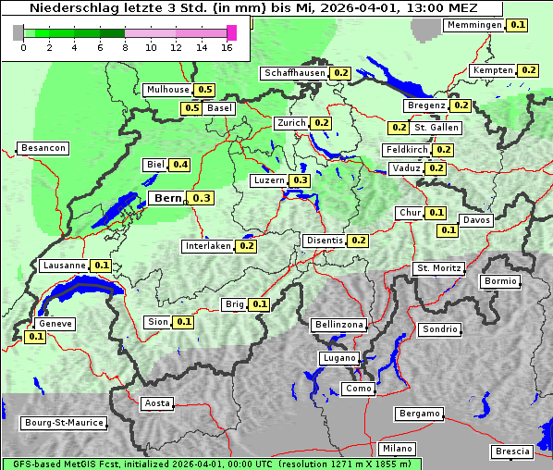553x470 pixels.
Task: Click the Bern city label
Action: click(x=168, y=198)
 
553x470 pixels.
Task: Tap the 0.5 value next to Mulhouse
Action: click(x=204, y=90)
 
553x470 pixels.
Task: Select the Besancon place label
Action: click(x=43, y=148)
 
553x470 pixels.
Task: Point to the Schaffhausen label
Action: click(x=295, y=73)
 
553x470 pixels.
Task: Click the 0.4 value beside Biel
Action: click(x=179, y=165)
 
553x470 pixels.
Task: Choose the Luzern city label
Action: click(x=269, y=180)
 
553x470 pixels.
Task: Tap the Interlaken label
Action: click(x=208, y=246)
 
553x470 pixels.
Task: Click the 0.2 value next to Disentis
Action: click(x=358, y=241)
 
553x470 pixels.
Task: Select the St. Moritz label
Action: click(x=438, y=268)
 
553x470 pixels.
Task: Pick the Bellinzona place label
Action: click(x=339, y=325)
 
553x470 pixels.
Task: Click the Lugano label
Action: click(x=339, y=358)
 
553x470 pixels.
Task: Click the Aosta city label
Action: click(x=157, y=403)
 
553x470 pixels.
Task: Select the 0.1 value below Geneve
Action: click(x=36, y=337)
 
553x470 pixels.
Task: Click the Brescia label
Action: click(x=512, y=451)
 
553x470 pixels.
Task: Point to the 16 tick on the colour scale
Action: click(x=227, y=47)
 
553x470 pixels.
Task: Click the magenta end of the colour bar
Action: click(x=231, y=32)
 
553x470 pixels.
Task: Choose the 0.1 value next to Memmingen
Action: click(x=517, y=25)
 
